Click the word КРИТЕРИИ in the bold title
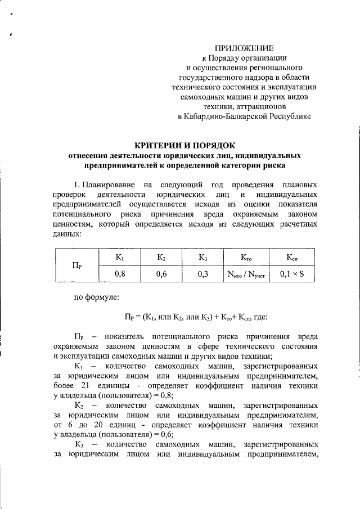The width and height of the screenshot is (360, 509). tap(155, 146)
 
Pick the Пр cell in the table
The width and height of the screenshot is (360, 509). tap(76, 265)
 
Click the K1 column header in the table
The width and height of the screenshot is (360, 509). tap(120, 257)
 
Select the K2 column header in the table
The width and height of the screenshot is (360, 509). tap(161, 257)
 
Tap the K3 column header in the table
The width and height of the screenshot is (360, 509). tap(202, 257)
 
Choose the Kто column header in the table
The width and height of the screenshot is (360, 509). tap(246, 257)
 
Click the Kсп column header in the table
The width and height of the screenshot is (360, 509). tap(291, 257)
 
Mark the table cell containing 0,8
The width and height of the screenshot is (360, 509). tap(120, 274)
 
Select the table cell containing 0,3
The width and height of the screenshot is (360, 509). tap(202, 274)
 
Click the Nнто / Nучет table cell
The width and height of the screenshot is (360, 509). tap(246, 275)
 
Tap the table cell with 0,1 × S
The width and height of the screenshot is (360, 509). tap(291, 274)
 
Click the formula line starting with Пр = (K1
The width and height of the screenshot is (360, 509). tap(191, 317)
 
